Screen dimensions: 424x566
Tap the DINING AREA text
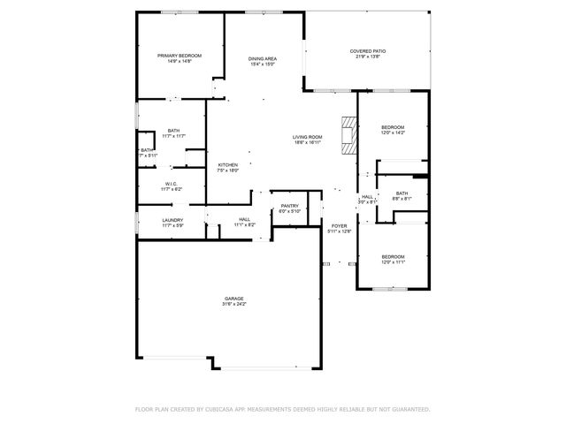[x=263, y=58]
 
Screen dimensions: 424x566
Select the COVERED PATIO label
[x=368, y=51]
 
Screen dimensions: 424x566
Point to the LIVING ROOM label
[x=308, y=136]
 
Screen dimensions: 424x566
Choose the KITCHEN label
[x=228, y=164]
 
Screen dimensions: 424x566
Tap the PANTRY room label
[x=290, y=206]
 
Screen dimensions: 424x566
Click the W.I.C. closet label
[x=172, y=184]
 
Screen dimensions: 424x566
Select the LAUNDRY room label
[x=172, y=220]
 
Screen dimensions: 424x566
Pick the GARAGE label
[x=233, y=299]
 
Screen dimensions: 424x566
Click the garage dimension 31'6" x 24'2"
[x=233, y=305]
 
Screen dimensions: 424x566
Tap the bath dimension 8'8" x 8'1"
[x=402, y=199]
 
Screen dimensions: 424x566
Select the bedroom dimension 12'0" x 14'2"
[x=393, y=132]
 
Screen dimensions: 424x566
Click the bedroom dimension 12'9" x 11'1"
[x=392, y=261]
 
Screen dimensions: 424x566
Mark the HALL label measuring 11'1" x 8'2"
[x=244, y=220]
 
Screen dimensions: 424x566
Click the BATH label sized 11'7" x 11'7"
[x=173, y=131]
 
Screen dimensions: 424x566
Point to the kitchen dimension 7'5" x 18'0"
[x=228, y=170]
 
